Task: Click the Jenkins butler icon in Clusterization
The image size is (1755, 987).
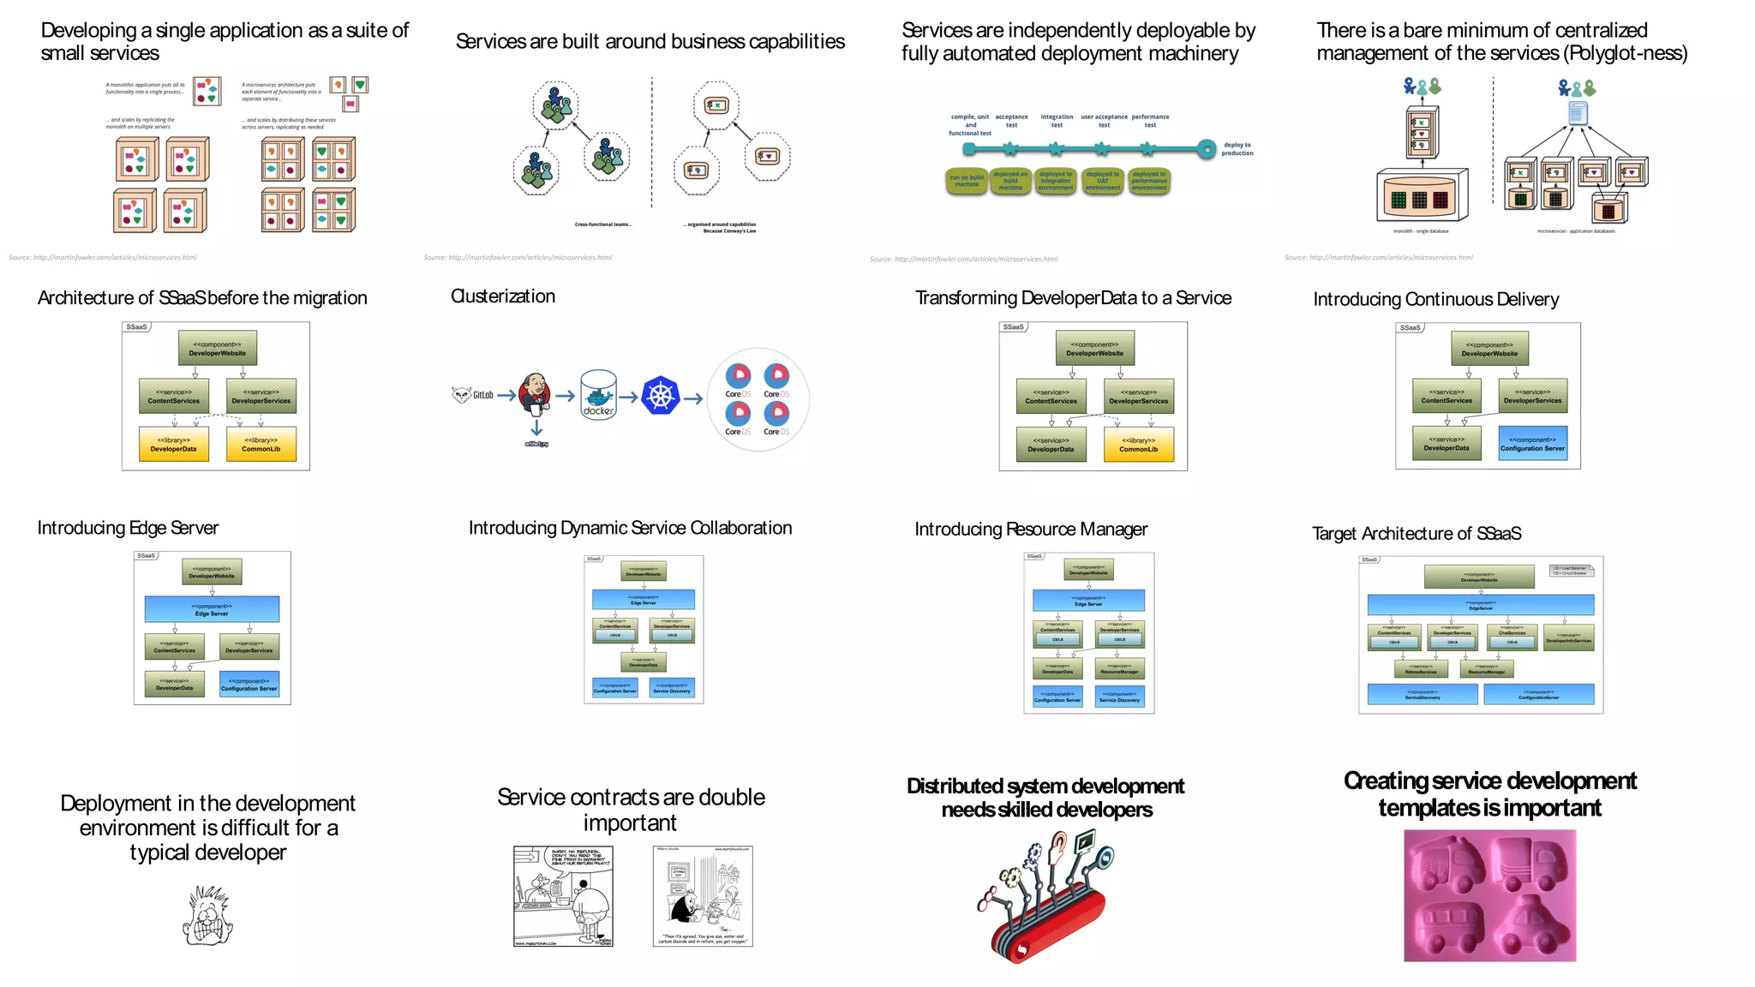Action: click(536, 394)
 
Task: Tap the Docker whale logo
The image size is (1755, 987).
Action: click(598, 395)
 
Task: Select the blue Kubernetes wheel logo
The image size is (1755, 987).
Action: click(660, 396)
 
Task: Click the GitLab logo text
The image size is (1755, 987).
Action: click(482, 395)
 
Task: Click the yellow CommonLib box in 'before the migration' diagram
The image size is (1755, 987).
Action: click(261, 445)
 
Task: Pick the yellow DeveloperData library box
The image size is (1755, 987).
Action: click(174, 445)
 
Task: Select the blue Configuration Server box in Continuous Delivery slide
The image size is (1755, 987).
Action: click(1532, 444)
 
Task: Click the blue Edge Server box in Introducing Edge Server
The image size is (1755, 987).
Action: click(212, 609)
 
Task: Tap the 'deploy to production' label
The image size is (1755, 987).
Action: click(1237, 149)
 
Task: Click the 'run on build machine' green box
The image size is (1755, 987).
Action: click(967, 181)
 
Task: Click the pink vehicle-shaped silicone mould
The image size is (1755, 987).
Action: click(1489, 895)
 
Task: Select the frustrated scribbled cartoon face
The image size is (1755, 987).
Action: click(207, 917)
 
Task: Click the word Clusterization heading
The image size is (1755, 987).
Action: click(503, 296)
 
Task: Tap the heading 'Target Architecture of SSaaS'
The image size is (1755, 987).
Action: click(1417, 534)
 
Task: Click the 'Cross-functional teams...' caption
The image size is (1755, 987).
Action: click(603, 224)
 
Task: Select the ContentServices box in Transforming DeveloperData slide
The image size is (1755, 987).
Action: click(1051, 397)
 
